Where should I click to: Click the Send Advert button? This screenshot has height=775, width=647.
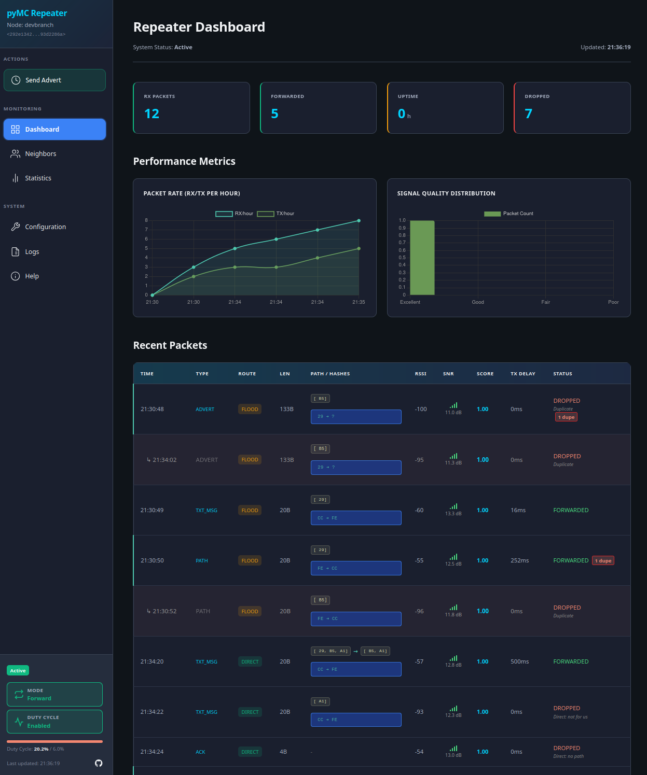54,80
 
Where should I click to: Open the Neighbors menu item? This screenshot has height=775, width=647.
40,154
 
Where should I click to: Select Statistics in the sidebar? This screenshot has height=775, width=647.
38,178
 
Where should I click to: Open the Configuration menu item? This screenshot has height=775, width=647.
45,227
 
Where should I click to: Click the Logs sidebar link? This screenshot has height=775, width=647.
32,252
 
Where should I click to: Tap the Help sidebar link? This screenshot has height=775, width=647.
32,276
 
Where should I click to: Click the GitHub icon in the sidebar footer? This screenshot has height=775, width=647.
99,763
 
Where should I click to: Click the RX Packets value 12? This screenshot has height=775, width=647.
152,114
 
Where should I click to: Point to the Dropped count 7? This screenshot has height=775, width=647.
528,114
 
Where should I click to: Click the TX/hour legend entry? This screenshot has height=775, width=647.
276,214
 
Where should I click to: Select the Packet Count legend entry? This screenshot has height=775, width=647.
508,214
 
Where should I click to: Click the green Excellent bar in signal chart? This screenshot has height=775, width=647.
422,258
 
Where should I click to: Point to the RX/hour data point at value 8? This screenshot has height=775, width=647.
359,221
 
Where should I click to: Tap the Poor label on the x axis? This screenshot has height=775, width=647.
613,302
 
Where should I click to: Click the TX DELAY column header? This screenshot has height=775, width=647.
522,374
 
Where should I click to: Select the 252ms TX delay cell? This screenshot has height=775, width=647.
519,561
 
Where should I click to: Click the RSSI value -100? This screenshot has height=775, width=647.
421,410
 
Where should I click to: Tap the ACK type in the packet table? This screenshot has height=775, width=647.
200,752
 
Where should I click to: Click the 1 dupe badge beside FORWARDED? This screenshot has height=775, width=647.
603,561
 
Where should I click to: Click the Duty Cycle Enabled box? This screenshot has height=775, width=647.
54,722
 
